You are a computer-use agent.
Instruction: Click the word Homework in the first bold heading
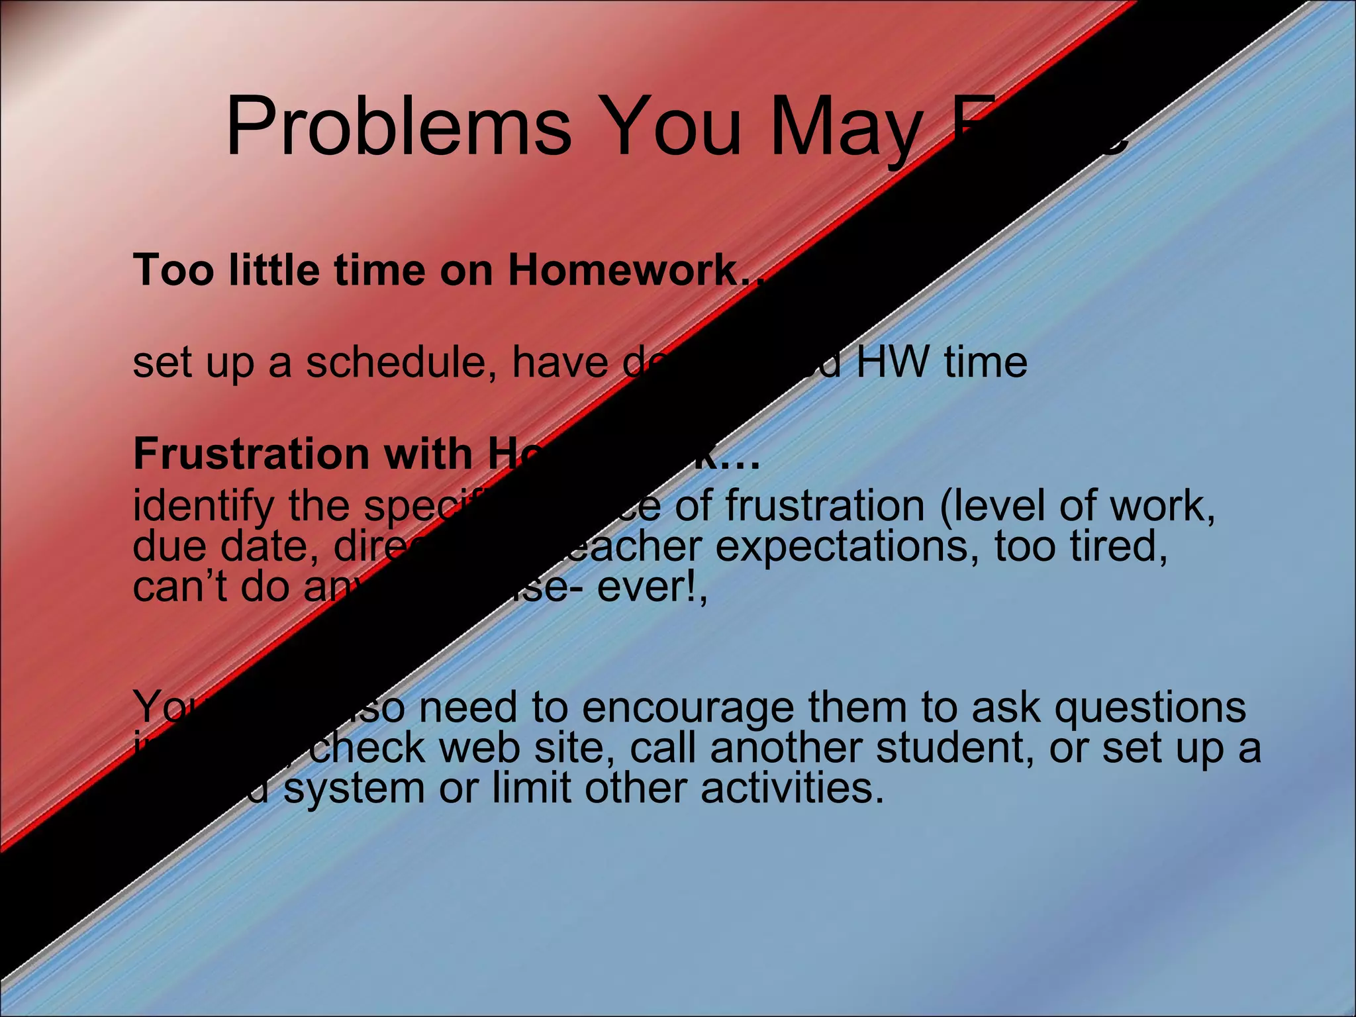pyautogui.click(x=623, y=271)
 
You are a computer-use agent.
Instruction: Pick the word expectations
pyautogui.click(x=842, y=547)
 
